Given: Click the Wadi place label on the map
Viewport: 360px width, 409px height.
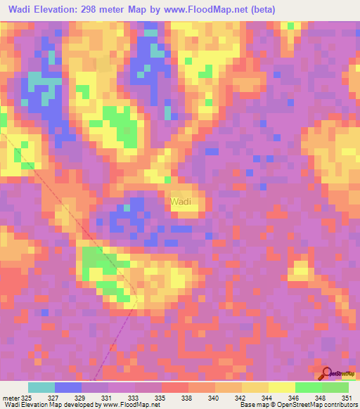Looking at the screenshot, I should pyautogui.click(x=180, y=202).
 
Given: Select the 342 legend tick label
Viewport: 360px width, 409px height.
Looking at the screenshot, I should pyautogui.click(x=240, y=398).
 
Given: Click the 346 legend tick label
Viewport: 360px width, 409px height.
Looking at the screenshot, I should pyautogui.click(x=294, y=398).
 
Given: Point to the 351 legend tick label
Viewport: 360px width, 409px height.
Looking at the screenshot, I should pyautogui.click(x=345, y=398).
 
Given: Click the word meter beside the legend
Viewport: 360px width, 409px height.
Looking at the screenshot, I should pyautogui.click(x=10, y=398).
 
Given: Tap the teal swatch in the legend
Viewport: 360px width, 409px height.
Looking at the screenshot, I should pyautogui.click(x=41, y=387).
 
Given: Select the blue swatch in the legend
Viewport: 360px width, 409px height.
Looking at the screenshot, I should pyautogui.click(x=68, y=387).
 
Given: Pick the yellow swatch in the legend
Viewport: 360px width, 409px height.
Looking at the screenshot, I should pyautogui.click(x=281, y=387).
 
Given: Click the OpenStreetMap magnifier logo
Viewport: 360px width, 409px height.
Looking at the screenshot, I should pyautogui.click(x=328, y=372).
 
